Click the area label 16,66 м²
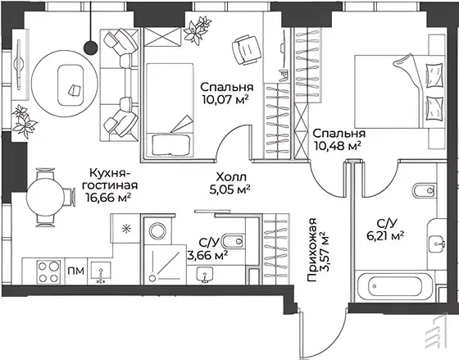click(108, 198)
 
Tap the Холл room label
click(231, 177)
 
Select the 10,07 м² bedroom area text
click(225, 100)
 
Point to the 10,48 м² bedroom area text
click(337, 146)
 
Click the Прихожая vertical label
click(312, 250)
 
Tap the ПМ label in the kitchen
click(75, 271)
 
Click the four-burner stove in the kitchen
click(48, 271)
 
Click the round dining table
click(45, 197)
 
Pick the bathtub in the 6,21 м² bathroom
click(395, 286)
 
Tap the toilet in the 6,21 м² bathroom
click(425, 191)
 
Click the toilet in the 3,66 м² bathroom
click(234, 241)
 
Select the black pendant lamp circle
click(90, 48)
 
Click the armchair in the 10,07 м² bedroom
click(246, 49)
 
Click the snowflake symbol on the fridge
click(126, 228)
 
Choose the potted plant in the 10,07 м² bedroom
click(198, 30)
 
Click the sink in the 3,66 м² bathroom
click(205, 275)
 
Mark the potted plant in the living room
click(24, 121)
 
